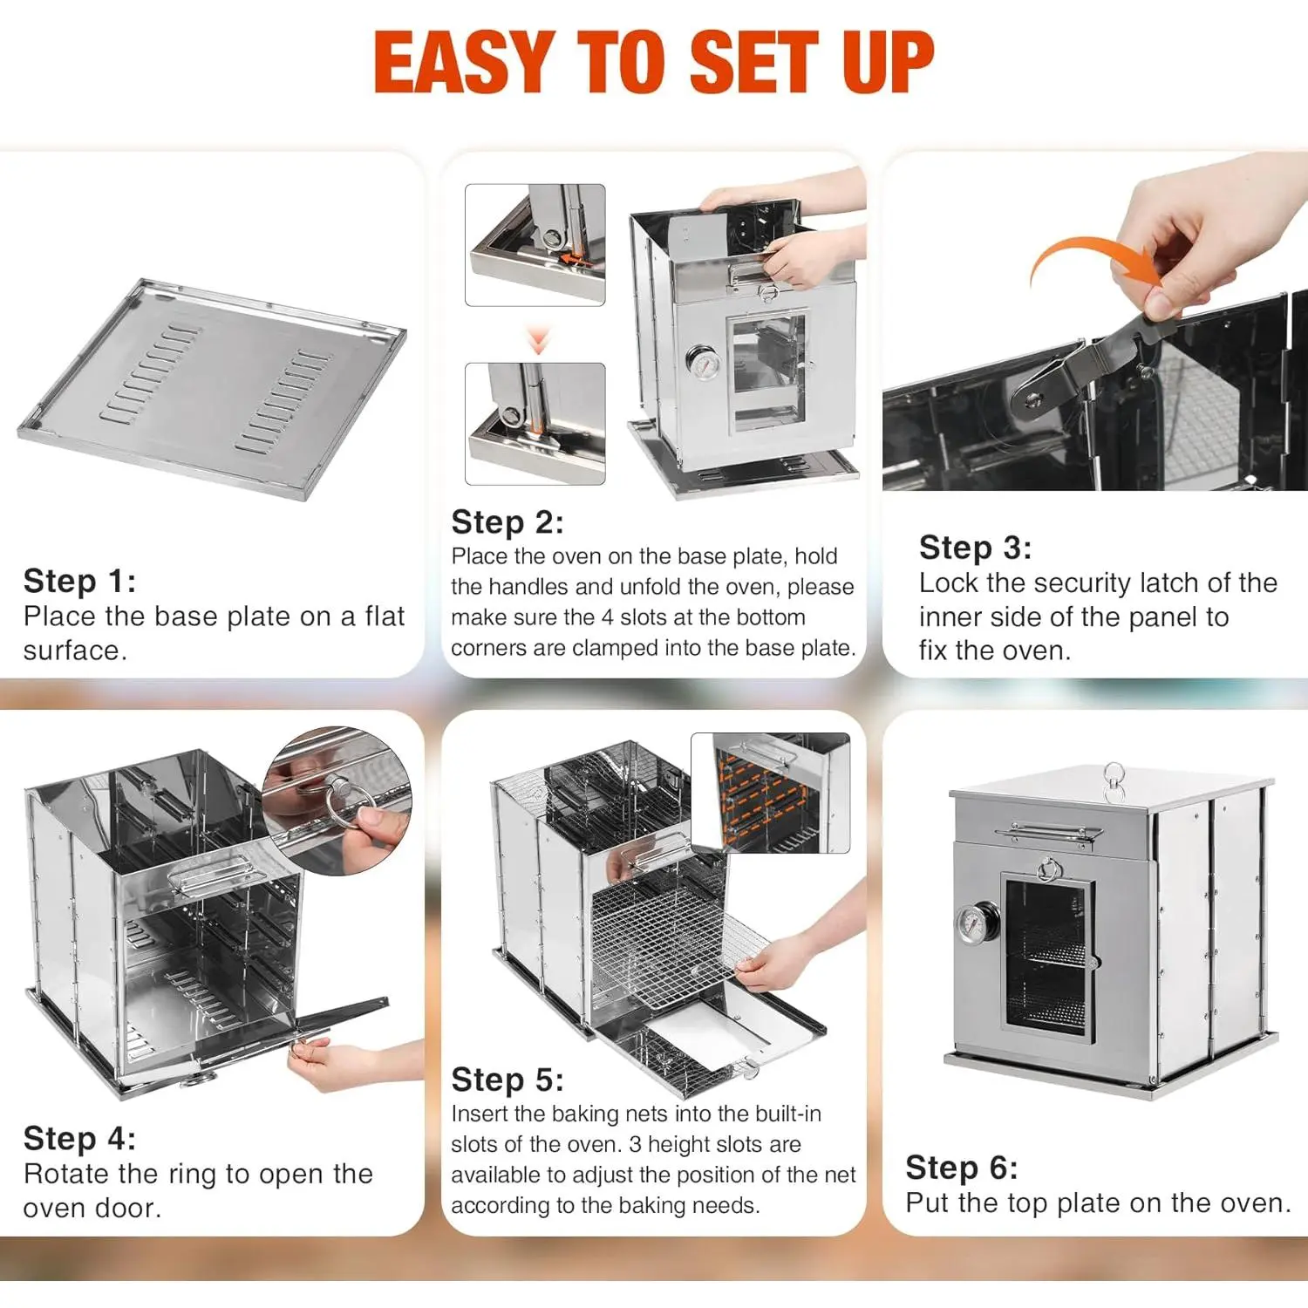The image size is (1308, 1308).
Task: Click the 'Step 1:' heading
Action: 79,581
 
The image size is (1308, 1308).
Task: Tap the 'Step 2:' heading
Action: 508,522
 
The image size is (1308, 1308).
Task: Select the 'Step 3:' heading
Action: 975,548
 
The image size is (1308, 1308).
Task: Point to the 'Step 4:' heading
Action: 79,1138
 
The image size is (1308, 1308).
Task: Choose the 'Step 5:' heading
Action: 508,1080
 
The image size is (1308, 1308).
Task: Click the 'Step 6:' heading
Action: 962,1167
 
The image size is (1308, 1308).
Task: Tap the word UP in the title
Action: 889,62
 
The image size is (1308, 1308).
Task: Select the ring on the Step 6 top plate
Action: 1114,780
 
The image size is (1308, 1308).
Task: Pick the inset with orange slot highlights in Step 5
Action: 770,793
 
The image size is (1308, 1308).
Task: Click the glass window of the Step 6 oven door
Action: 1047,956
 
